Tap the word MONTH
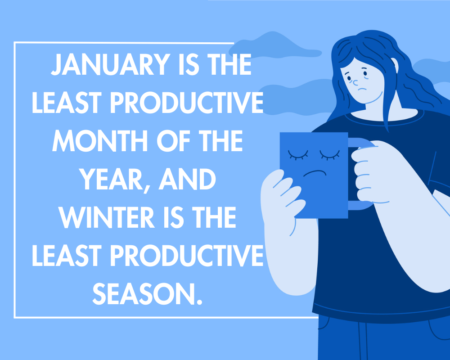pos(100,141)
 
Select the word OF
pos(173,141)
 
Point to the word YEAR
pos(110,179)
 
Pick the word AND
pos(187,179)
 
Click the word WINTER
pos(107,217)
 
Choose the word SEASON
pos(144,294)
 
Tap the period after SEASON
pos(200,301)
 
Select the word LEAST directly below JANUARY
pos(67,103)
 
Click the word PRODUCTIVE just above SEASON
pos(187,256)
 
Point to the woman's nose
pos(355,83)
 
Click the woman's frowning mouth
pos(362,89)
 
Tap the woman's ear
pos(395,65)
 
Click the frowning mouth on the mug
pos(315,173)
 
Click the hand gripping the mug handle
pos(370,172)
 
